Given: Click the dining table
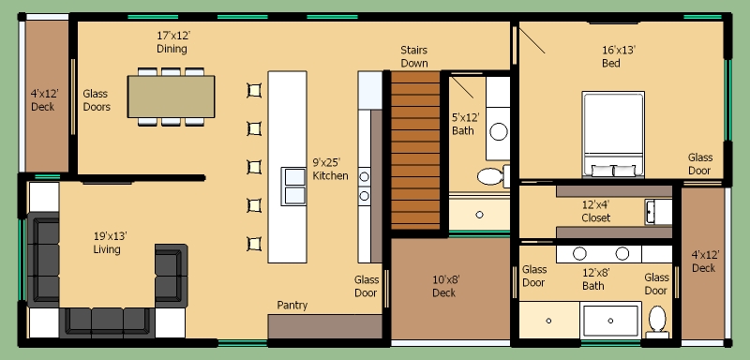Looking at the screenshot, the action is point(171,97).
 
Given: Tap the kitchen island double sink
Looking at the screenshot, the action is point(293,186).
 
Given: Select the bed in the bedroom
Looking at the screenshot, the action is point(613,134).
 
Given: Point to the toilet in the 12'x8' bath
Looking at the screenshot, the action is point(657,319).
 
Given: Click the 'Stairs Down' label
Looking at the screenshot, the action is point(414,56).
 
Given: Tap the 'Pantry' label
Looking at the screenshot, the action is point(292,305).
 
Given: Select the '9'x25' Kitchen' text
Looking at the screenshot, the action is point(330,170).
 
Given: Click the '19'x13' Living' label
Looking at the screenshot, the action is point(107,243).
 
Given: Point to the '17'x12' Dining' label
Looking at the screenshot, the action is point(172,42).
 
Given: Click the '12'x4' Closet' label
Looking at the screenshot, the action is point(596,211).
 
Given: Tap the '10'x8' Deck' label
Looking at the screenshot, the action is point(443,286).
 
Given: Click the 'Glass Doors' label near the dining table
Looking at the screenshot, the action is point(97,100).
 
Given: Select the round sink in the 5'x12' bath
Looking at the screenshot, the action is point(499,131).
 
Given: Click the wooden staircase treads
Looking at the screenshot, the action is point(415,150).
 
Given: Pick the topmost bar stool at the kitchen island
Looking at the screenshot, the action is point(254,90).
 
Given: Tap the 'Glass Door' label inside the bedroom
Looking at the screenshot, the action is point(699,164).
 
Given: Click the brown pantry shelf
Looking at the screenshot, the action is point(324,326).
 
